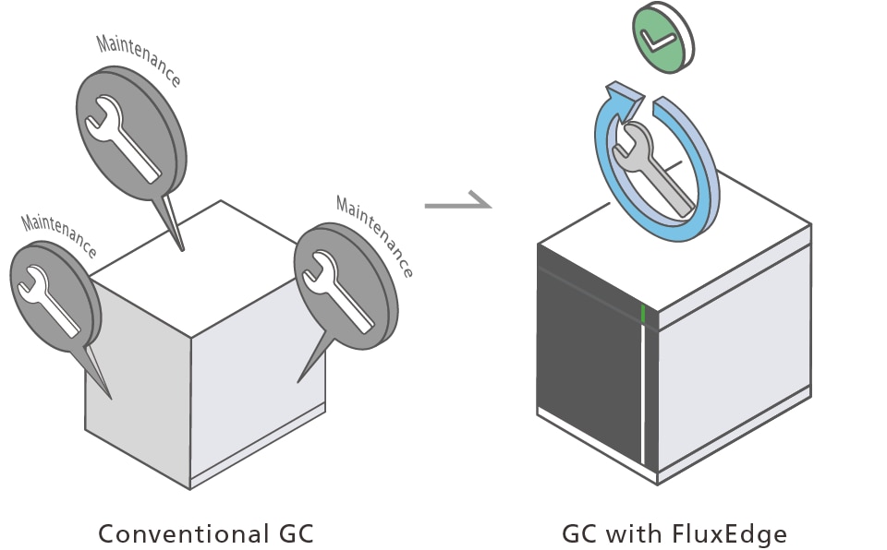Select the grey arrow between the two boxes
coord(458,203)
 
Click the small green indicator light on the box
coord(643,315)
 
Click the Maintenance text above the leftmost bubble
coord(59,234)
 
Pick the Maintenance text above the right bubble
coord(375,235)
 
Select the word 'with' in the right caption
coord(642,534)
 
